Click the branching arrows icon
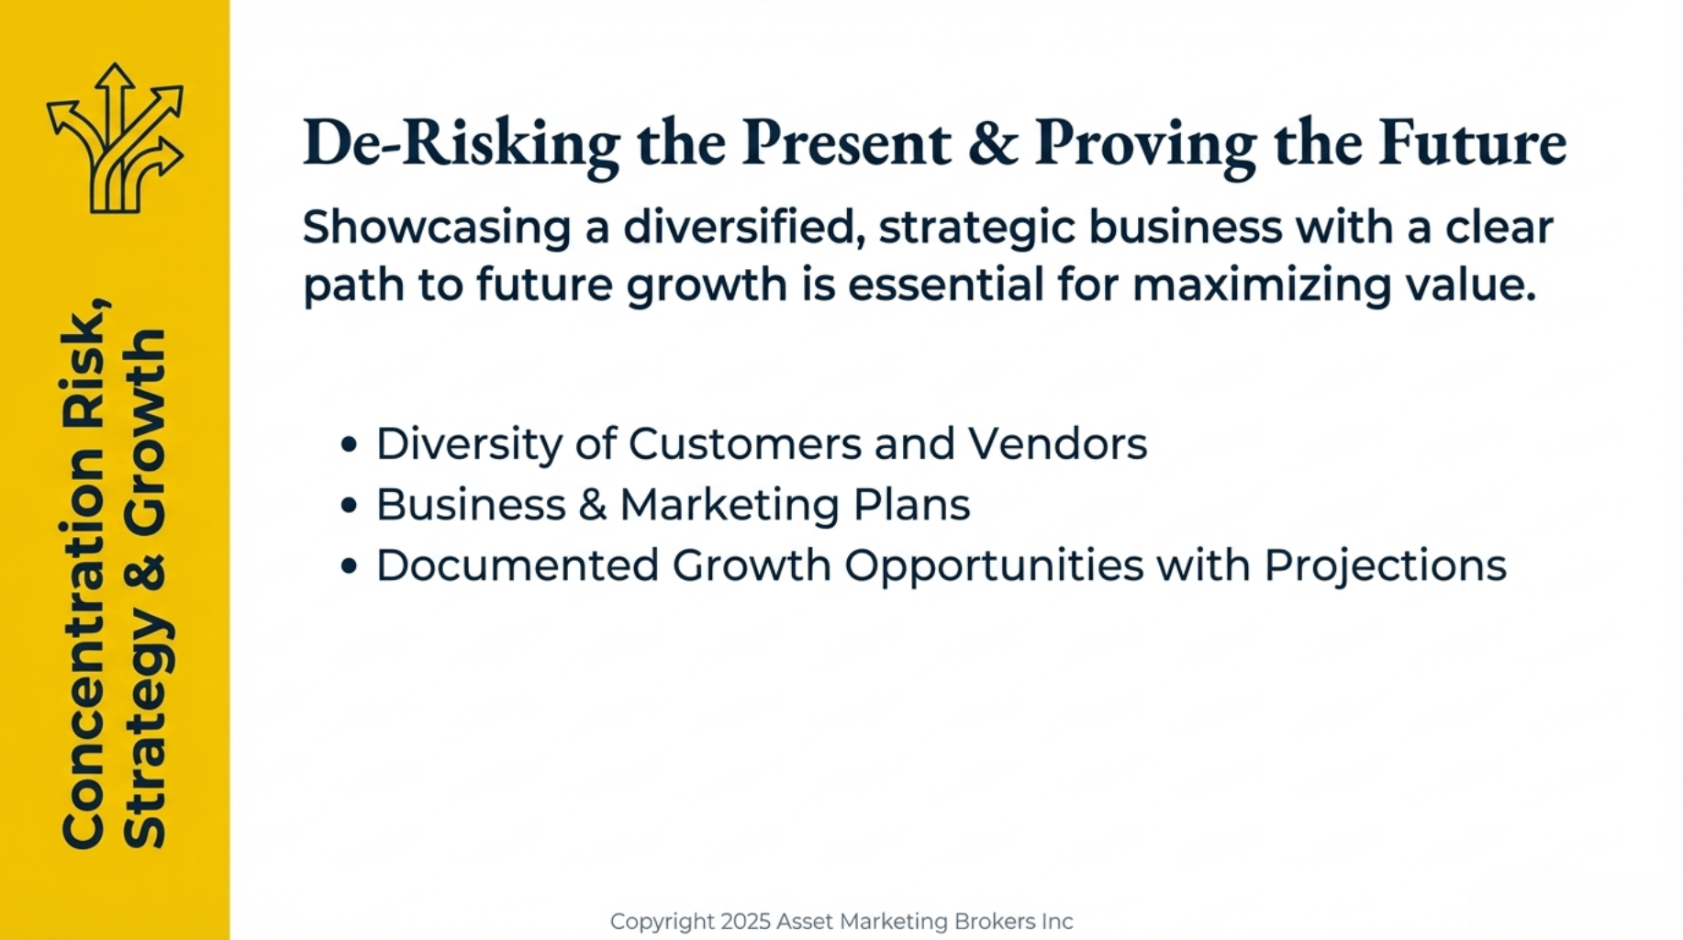click(116, 138)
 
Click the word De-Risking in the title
click(462, 144)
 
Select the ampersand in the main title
click(993, 143)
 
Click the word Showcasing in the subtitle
click(437, 228)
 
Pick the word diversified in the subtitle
click(744, 228)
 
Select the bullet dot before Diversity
click(349, 445)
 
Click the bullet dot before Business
click(349, 506)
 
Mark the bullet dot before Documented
click(349, 566)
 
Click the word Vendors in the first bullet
click(1057, 444)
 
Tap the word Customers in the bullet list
click(745, 444)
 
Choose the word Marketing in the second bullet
click(730, 506)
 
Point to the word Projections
click(1385, 566)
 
